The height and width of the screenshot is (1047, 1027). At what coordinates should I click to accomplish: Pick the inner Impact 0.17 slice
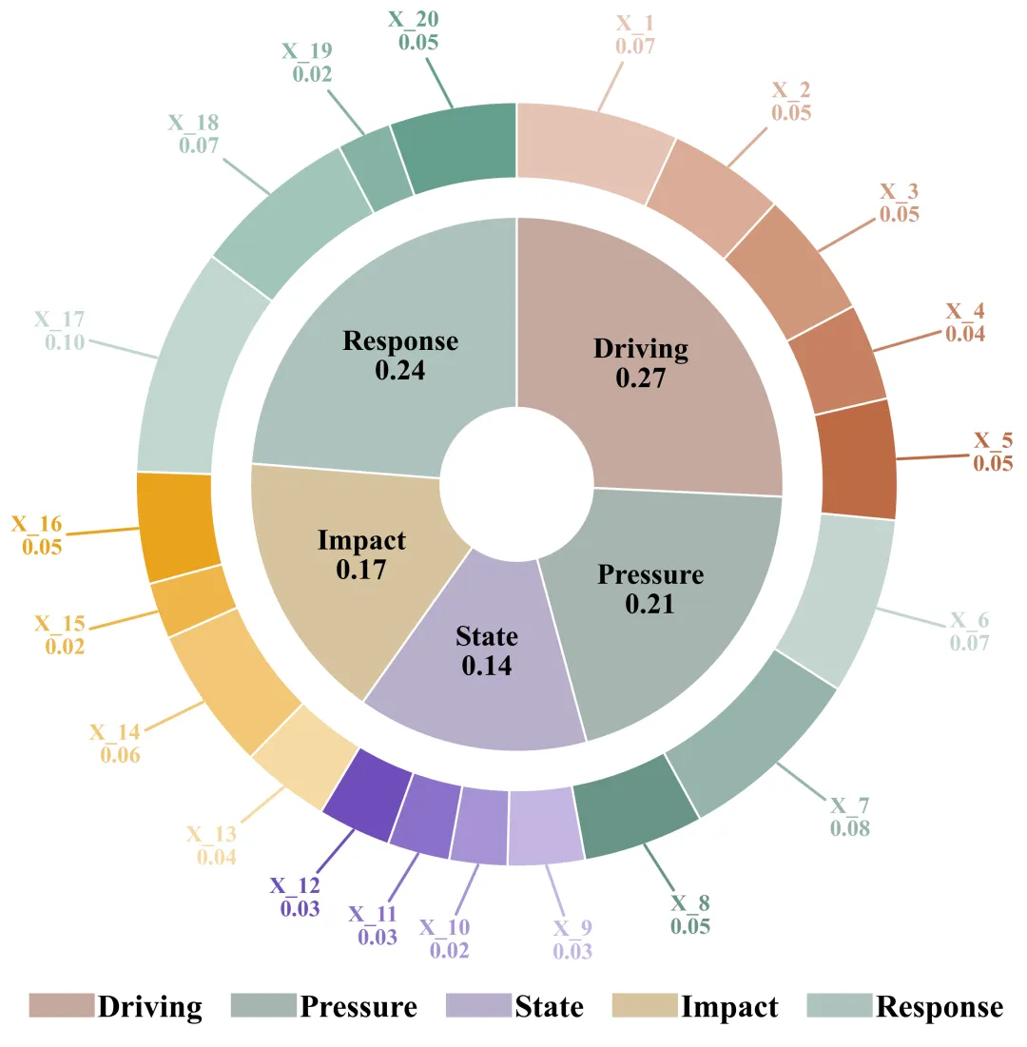tap(352, 571)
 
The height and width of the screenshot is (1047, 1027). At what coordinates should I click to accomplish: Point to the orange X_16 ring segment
tap(179, 526)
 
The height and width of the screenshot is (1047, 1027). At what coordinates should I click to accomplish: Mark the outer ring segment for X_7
tap(751, 732)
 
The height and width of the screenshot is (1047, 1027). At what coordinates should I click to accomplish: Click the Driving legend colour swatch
tap(61, 1006)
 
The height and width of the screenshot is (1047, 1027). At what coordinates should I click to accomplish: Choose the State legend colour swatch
tap(477, 1006)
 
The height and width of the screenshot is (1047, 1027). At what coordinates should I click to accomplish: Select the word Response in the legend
tap(940, 1007)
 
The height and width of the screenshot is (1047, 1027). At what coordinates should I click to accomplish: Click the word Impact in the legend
tap(729, 1007)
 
